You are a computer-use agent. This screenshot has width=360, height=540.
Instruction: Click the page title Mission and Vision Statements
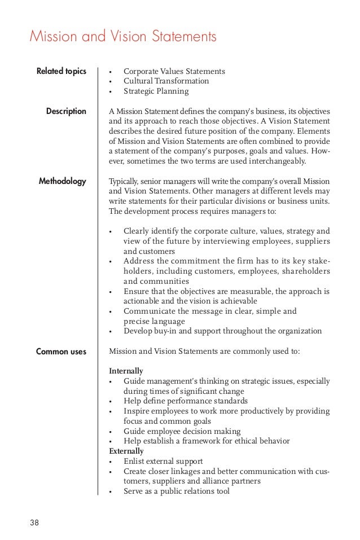tap(123, 37)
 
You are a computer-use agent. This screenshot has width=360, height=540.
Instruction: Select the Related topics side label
tap(62, 71)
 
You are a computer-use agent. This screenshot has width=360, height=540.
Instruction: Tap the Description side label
tap(66, 111)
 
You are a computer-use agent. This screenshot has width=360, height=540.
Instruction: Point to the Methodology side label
tap(62, 181)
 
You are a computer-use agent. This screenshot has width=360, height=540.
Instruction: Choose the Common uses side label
tap(61, 352)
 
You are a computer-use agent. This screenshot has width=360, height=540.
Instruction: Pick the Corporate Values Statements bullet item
tap(174, 71)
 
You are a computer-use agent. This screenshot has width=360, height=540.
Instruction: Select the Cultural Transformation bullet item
tap(166, 81)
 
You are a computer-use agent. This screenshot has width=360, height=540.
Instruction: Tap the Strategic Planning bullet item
tap(156, 91)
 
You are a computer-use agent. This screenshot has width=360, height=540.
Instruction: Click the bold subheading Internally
tap(125, 371)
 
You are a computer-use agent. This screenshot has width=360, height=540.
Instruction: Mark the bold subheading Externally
tap(126, 451)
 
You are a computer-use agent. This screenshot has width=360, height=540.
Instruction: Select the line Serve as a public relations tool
tap(176, 491)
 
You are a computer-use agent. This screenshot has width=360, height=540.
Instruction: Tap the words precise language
tap(154, 321)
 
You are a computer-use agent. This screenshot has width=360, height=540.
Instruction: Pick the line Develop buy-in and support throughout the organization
tap(222, 331)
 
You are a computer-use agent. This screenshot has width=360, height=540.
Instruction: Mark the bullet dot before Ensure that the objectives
tap(111, 292)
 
